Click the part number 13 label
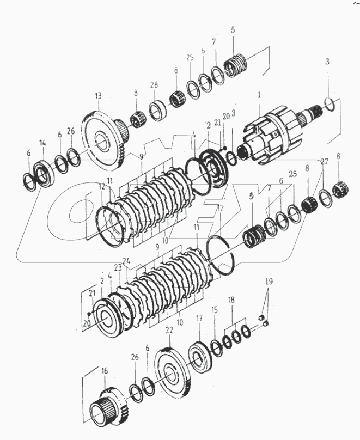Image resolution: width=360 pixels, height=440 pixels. (x=98, y=95)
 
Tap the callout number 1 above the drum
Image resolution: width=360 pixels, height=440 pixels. (x=259, y=94)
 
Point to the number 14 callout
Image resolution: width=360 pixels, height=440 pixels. (x=42, y=143)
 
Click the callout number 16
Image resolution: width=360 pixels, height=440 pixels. (x=105, y=371)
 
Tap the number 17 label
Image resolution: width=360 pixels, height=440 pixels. (x=199, y=318)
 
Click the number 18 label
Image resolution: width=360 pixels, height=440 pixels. (x=231, y=300)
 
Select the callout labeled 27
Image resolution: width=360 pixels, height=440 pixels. (x=325, y=161)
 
